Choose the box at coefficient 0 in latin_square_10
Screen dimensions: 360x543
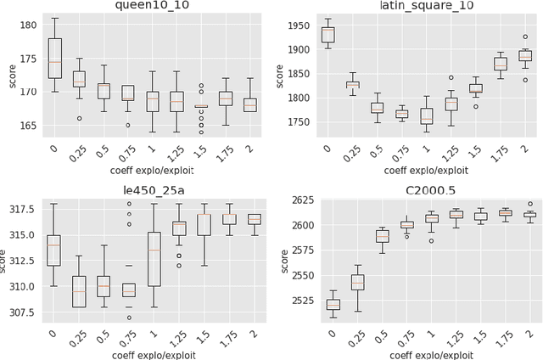[327, 34]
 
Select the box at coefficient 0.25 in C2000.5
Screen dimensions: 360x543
[357, 282]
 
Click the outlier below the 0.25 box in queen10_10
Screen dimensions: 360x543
[79, 118]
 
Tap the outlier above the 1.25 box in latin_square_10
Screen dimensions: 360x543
[451, 77]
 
